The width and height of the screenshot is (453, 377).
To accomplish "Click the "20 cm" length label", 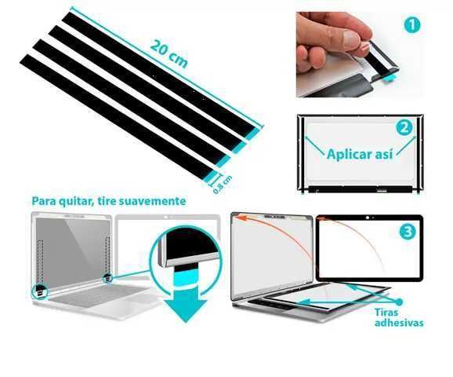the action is (x=169, y=53).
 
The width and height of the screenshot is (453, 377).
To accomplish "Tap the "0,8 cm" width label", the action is (x=223, y=185).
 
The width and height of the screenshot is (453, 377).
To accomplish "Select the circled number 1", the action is (x=412, y=25).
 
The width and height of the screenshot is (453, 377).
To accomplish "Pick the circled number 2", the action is (x=404, y=128).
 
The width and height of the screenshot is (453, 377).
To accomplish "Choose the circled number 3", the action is (x=408, y=232).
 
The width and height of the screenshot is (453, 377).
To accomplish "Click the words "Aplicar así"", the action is (x=360, y=154).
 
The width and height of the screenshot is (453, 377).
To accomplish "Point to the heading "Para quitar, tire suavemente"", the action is (x=109, y=201).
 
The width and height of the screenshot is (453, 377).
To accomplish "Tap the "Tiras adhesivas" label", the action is (x=399, y=317).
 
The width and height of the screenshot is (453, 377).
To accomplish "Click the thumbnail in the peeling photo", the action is (x=350, y=40).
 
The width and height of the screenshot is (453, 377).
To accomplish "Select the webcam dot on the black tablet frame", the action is (x=368, y=218).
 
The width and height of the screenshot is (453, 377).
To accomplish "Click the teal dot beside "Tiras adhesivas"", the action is (x=399, y=302).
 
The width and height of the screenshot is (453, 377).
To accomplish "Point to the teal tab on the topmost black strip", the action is (x=255, y=134).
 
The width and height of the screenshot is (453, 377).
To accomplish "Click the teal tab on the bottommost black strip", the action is (x=211, y=177).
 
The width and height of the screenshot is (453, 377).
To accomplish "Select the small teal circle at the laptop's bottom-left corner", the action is (x=40, y=291).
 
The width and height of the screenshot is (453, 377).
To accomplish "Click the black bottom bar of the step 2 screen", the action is (x=360, y=189).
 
